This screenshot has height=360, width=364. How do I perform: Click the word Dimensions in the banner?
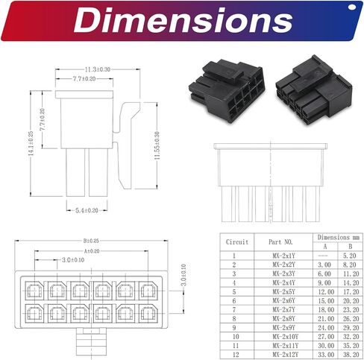(x=183, y=20)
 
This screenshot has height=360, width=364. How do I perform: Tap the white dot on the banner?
(x=352, y=7)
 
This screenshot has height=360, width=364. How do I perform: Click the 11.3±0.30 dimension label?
(x=98, y=69)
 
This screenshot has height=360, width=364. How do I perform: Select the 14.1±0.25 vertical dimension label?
(x=31, y=144)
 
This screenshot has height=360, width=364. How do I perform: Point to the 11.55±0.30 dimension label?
(x=157, y=145)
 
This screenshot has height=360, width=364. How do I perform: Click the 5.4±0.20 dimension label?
(x=87, y=211)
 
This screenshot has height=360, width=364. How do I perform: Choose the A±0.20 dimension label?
(x=92, y=251)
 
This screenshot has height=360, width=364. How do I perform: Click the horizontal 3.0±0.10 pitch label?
(x=73, y=260)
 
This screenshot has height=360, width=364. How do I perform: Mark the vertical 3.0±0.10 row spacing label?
(x=183, y=275)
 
